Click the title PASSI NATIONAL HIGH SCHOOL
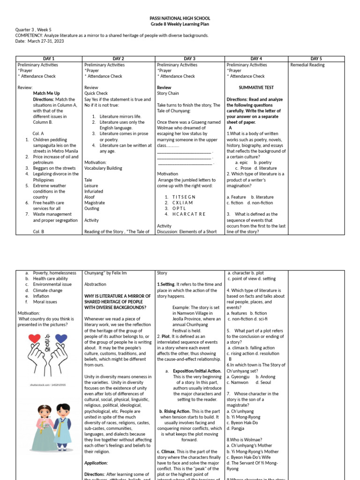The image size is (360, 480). [180, 18]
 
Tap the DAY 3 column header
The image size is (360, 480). [190, 59]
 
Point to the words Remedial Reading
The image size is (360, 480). [307, 65]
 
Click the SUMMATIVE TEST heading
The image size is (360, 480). [256, 88]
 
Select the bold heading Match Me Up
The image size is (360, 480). [46, 93]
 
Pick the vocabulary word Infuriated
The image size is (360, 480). [94, 191]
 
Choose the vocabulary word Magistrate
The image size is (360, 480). [95, 202]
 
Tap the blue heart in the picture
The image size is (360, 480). [61, 338]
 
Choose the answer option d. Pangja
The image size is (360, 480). [235, 428]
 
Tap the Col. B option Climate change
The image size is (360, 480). [47, 290]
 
